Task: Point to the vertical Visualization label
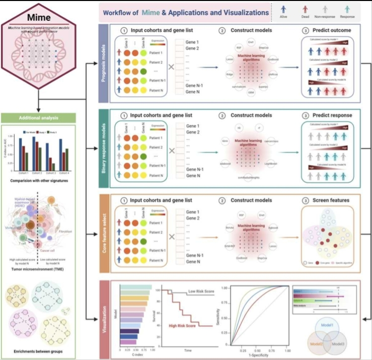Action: (x=105, y=320)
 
